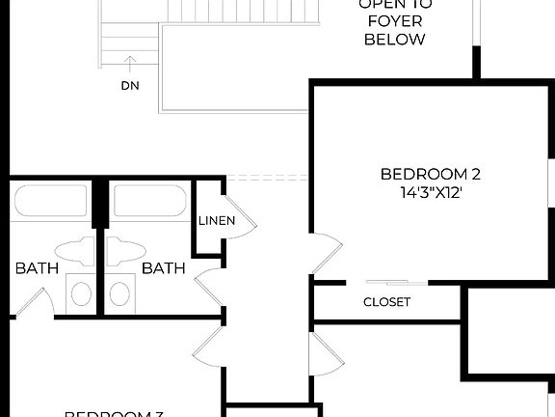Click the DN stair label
pos(130,85)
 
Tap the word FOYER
pos(394,21)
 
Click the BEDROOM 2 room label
pos(430,175)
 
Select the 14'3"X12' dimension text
pos(430,192)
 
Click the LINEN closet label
pos(217,221)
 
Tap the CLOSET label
pos(386,302)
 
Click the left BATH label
pos(37,268)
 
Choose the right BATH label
pos(164,268)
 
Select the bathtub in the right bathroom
pos(149,202)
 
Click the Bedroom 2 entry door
pos(327,256)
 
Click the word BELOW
pos(394,40)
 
